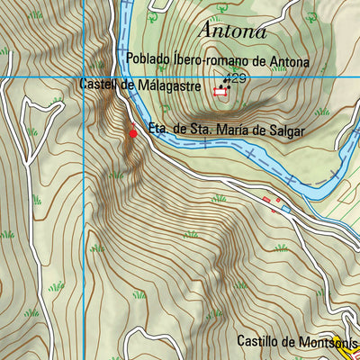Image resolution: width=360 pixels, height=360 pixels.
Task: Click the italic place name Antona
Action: click(x=233, y=31)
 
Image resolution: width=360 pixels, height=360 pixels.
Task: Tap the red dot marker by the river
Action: click(x=134, y=133)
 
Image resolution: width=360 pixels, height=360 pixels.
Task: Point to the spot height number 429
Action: click(x=237, y=79)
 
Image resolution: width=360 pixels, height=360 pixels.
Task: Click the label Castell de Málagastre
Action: click(x=139, y=85)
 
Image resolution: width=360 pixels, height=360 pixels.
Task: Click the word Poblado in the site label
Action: click(x=148, y=60)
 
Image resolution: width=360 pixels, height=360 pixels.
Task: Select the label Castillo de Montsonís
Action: click(x=297, y=342)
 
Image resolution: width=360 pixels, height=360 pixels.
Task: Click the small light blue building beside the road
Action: click(x=285, y=209)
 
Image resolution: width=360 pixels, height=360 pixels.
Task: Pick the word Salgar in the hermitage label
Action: click(x=286, y=131)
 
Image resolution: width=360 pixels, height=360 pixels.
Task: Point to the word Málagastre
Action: click(x=166, y=85)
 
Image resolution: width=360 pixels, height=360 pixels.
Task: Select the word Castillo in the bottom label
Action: click(x=259, y=342)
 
